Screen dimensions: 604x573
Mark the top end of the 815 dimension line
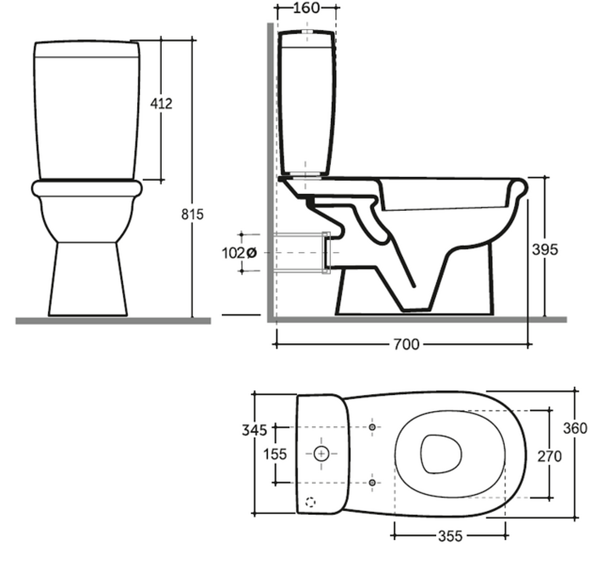[192, 39]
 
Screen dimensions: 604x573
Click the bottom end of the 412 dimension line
[161, 180]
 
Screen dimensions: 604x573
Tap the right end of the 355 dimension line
[505, 535]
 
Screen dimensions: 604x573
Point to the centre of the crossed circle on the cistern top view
[321, 454]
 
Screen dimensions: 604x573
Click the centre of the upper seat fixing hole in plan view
[372, 427]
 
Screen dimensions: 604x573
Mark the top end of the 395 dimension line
[545, 177]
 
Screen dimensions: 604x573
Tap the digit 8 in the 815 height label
[185, 214]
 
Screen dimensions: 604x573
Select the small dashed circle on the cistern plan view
[310, 502]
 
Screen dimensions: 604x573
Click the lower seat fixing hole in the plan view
[372, 482]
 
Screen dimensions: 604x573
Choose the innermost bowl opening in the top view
[441, 455]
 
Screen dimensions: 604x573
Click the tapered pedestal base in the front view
[88, 279]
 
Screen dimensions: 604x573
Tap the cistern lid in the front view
[87, 49]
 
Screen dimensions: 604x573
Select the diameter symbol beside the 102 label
[251, 253]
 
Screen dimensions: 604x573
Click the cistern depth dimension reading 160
[306, 8]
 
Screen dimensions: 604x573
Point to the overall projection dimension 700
[406, 344]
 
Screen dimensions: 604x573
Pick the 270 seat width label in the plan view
[550, 456]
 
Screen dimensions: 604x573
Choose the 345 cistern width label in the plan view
[254, 430]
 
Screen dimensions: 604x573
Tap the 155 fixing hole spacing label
[275, 455]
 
